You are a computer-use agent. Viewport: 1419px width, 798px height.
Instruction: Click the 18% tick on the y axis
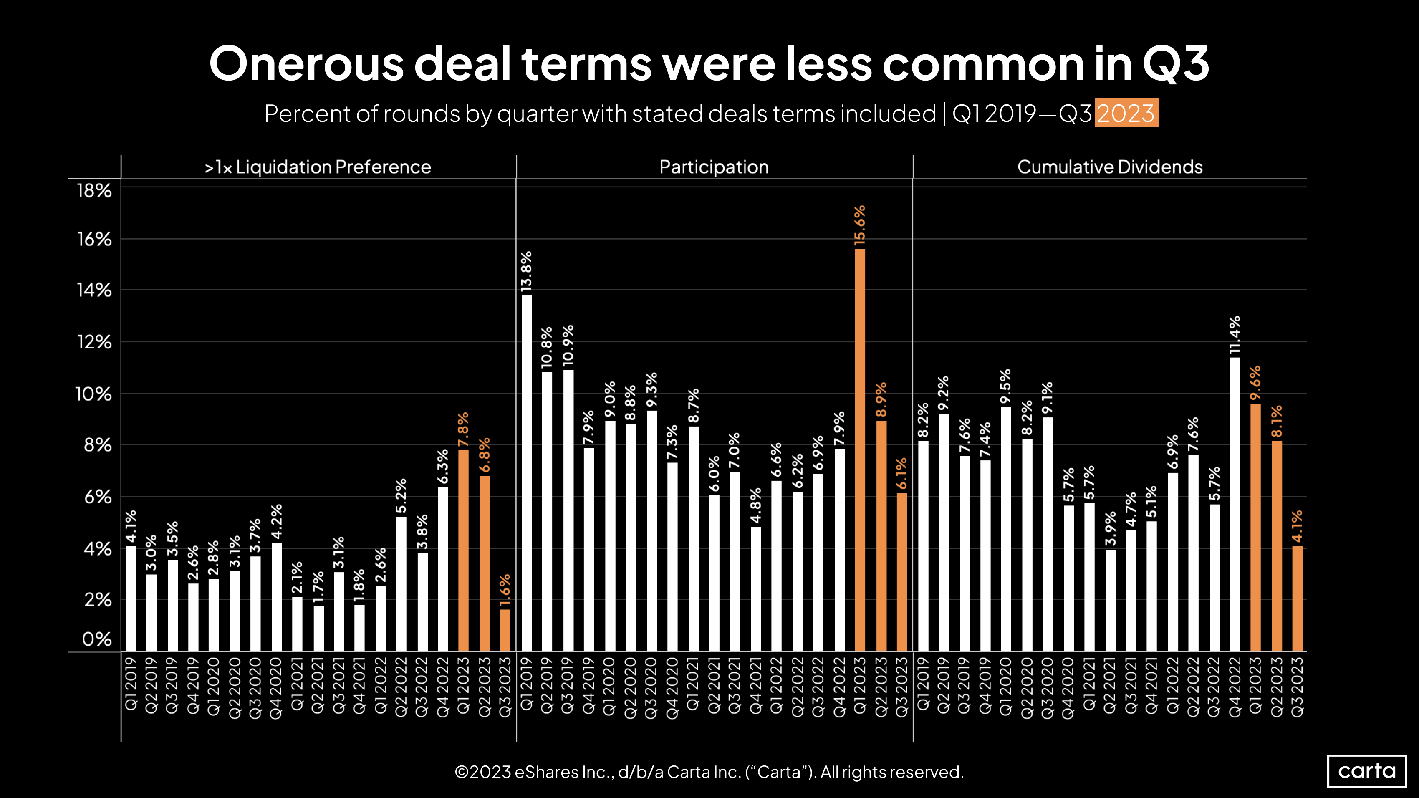tap(94, 191)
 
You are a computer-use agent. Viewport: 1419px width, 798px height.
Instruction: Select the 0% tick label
tap(96, 639)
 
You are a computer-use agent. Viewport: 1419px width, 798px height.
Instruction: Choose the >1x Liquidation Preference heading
tap(318, 167)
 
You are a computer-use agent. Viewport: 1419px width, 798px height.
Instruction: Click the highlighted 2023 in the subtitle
tap(1126, 114)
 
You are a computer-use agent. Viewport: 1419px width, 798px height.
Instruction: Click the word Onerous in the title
tap(306, 64)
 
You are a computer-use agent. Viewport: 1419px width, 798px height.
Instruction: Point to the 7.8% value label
tap(463, 429)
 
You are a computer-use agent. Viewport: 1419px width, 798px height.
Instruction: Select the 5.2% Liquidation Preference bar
tap(401, 584)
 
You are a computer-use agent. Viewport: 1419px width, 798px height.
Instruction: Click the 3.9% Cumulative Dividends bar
tap(1111, 600)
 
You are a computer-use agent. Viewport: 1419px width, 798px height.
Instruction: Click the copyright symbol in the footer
tap(462, 772)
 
